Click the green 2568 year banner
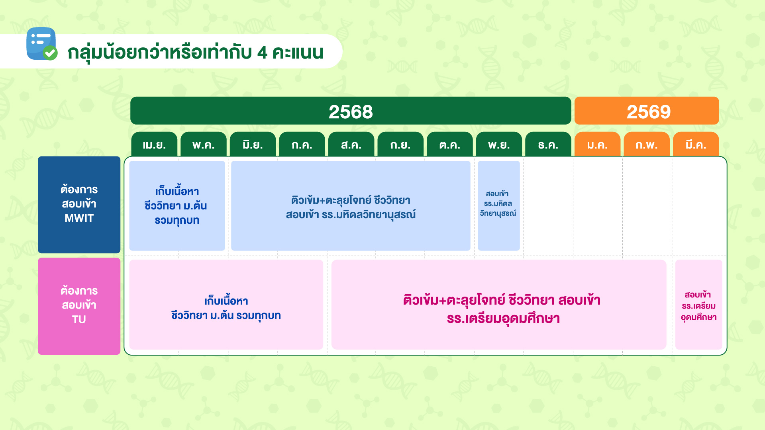351,111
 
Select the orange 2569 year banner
647,111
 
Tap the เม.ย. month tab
154,144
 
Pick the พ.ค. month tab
204,144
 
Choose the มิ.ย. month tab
253,144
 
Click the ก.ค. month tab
302,144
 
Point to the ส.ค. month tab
351,144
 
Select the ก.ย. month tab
400,144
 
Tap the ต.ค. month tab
450,144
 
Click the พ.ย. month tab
499,144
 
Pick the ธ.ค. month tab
548,144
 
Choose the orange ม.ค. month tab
598,144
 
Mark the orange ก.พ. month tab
647,144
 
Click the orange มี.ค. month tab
696,144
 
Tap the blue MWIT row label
79,205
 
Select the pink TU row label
79,306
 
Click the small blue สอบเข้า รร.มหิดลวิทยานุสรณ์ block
499,205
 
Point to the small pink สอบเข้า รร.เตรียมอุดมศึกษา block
699,305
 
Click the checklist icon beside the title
42,44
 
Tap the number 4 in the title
262,53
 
